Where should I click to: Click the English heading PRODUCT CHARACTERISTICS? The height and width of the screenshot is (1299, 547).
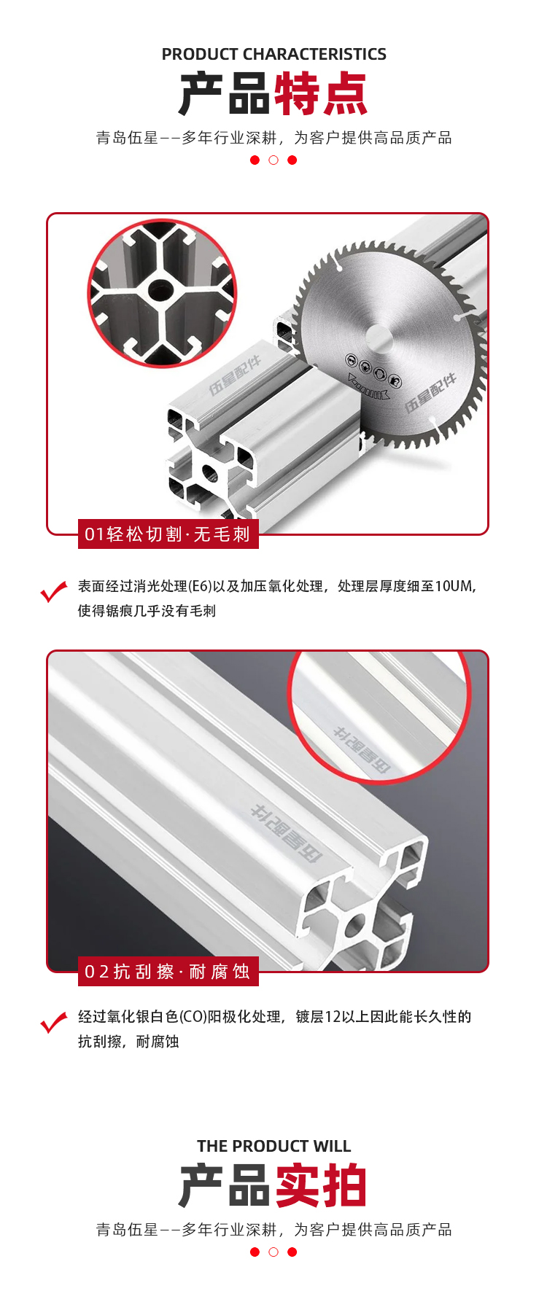coord(273,54)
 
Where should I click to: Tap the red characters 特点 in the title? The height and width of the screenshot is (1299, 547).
coord(320,94)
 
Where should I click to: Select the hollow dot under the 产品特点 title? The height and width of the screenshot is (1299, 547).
coord(273,160)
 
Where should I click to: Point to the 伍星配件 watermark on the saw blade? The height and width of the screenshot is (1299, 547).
coord(430,392)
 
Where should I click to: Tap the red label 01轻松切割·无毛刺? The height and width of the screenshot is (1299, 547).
coord(168,534)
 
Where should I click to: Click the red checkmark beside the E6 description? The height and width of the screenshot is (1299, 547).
coord(54,591)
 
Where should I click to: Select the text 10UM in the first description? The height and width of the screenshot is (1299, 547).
coord(455,586)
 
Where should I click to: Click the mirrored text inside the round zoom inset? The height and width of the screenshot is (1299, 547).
coord(362,749)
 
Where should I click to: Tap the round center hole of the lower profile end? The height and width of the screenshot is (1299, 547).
coord(355,926)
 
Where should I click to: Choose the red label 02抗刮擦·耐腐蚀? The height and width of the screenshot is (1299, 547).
coord(168,972)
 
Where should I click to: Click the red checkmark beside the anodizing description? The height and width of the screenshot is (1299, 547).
coord(54,1023)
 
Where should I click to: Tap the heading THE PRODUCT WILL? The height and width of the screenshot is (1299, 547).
coord(273,1146)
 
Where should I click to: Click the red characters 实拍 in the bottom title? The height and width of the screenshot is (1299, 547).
coord(320,1186)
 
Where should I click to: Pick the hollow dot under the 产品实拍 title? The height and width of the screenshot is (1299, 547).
coord(273,1252)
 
